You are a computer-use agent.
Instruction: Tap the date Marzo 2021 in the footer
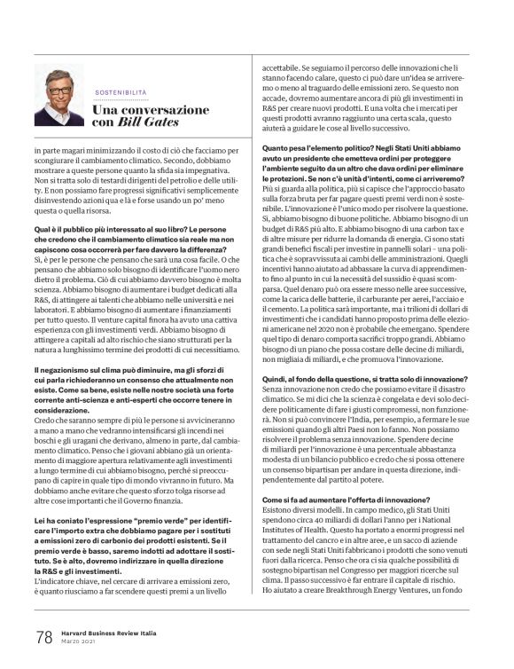pyautogui.click(x=78, y=641)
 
